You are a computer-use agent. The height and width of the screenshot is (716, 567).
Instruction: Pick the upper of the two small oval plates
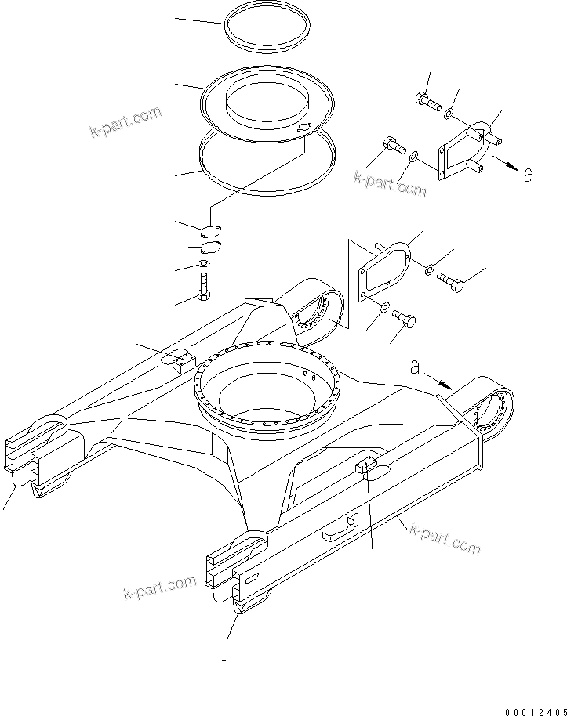(209, 230)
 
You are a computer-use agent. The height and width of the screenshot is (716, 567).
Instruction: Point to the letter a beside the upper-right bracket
(529, 175)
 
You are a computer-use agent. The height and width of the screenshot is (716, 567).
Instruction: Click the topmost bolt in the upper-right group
(426, 99)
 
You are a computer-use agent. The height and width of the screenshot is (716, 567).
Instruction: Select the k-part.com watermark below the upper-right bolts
(391, 183)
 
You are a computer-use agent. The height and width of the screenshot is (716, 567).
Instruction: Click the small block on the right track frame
(369, 468)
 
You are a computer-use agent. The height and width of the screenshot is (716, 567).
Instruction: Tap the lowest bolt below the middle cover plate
(402, 319)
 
